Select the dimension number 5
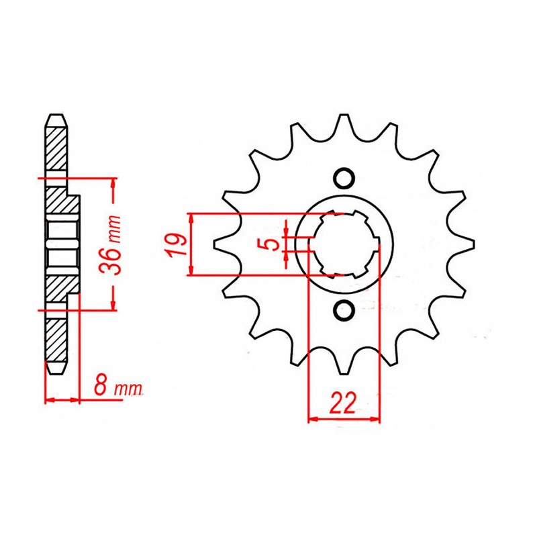[x=272, y=243]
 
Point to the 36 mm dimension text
[x=115, y=245]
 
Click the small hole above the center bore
[x=344, y=178]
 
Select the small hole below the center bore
[x=344, y=311]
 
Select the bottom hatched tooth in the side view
[x=56, y=342]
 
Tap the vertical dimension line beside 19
[x=191, y=245]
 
